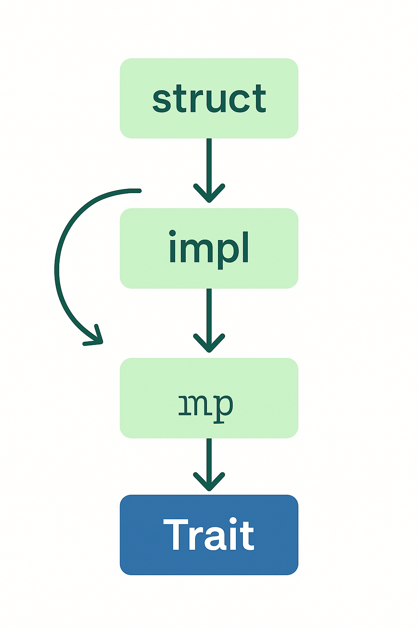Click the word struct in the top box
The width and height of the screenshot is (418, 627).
click(209, 99)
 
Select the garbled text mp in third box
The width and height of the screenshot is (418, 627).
click(206, 406)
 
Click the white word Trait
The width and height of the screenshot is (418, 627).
click(209, 535)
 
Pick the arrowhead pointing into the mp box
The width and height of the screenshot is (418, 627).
click(209, 347)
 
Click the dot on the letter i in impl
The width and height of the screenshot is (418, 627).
click(172, 233)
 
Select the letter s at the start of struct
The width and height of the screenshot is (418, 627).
click(161, 102)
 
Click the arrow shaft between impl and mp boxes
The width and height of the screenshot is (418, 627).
click(209, 310)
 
